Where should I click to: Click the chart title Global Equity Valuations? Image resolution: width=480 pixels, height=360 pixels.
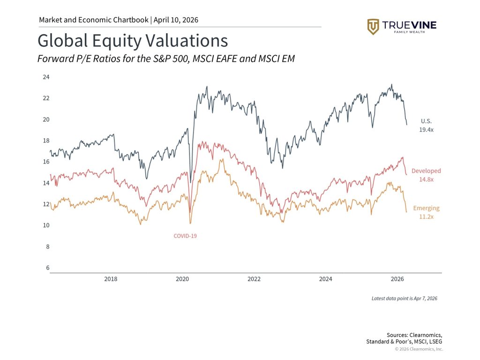point(133,41)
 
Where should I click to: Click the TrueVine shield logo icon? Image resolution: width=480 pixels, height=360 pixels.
point(373,27)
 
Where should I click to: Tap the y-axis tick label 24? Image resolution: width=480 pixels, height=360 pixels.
point(46,77)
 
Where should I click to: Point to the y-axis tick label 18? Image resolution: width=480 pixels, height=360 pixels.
point(46,141)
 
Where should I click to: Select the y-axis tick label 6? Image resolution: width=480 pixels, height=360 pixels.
point(47,268)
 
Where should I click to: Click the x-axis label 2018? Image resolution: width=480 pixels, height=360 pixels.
point(111,279)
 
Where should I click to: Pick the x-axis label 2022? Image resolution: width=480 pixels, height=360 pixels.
point(254,279)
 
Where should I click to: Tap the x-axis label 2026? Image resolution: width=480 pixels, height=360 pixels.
point(397,279)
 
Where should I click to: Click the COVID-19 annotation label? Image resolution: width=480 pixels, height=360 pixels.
point(185,236)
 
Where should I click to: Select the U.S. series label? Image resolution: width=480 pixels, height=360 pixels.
point(426,121)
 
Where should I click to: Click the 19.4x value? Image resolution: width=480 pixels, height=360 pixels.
point(426,129)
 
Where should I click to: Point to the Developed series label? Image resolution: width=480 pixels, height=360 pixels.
point(426,171)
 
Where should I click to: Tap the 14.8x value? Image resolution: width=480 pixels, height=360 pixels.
point(426,180)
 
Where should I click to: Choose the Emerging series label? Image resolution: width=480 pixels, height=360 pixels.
point(426,208)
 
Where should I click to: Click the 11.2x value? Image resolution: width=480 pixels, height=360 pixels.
point(426,217)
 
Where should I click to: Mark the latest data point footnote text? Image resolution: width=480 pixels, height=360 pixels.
point(404,298)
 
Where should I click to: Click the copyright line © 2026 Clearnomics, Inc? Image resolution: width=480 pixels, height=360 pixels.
point(419,349)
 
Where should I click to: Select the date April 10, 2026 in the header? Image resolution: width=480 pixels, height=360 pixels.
point(176,20)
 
